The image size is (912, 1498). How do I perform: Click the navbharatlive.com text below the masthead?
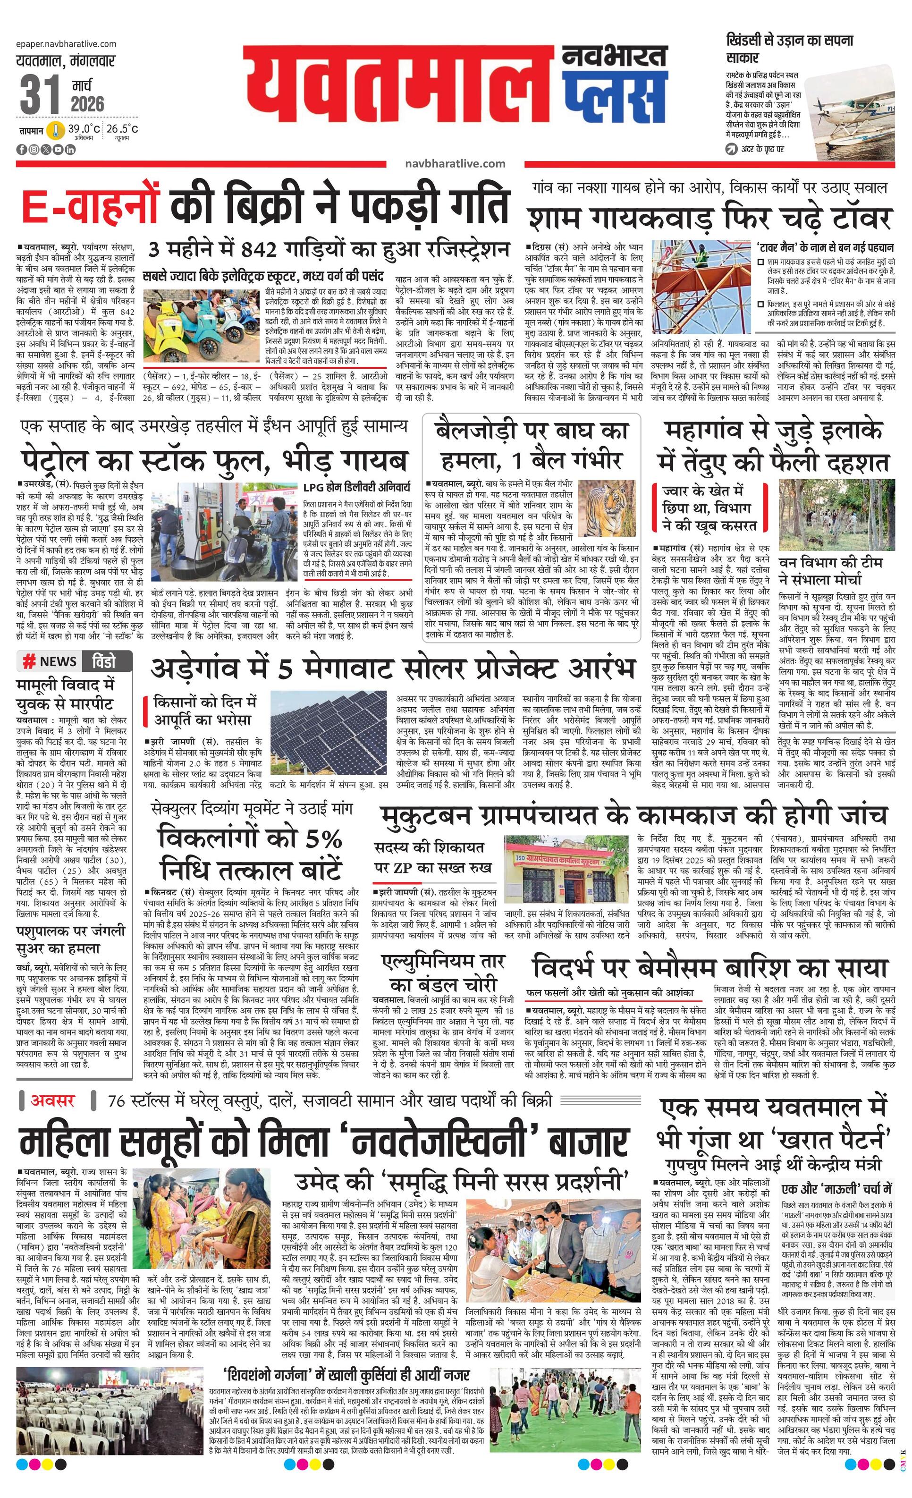point(455,163)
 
